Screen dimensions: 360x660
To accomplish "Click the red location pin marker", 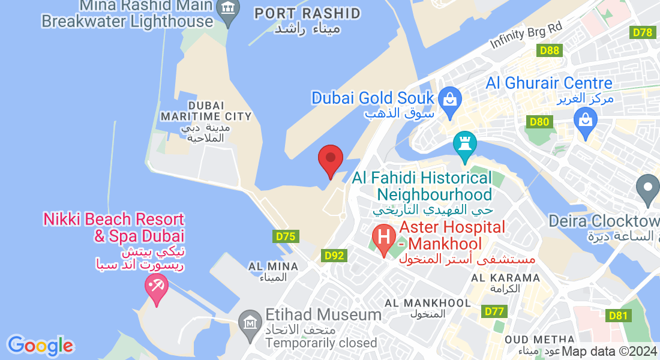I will coord(330,159).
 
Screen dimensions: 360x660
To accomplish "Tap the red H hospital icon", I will coord(384,238).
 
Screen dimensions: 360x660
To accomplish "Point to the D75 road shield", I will coord(285,236).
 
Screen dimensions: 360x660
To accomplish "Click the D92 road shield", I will coord(334,256).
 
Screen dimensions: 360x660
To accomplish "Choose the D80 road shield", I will coord(539,122).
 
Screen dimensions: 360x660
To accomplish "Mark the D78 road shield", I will coord(643,32).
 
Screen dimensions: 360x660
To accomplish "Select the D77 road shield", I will coord(493,311).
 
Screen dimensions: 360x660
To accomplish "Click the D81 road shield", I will coord(618,316).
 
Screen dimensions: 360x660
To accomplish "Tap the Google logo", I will coord(40,346).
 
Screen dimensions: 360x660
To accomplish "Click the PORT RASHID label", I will coord(308,13).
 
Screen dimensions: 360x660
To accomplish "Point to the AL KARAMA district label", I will coord(506,278).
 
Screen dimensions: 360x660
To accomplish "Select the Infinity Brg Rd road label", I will coord(526,36).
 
